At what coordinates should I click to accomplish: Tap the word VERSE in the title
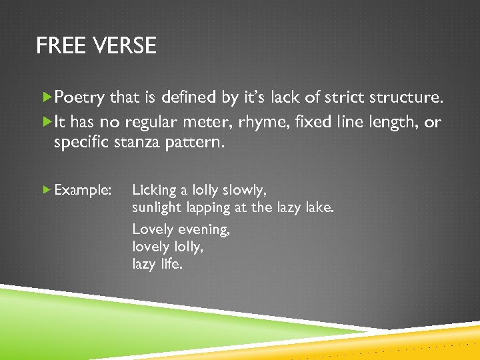coord(125,46)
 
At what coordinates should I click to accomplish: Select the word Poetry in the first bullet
coord(79,98)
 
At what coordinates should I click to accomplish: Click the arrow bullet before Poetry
coord(47,97)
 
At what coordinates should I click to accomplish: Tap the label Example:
coord(83,191)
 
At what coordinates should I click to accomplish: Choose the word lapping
coord(208,209)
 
